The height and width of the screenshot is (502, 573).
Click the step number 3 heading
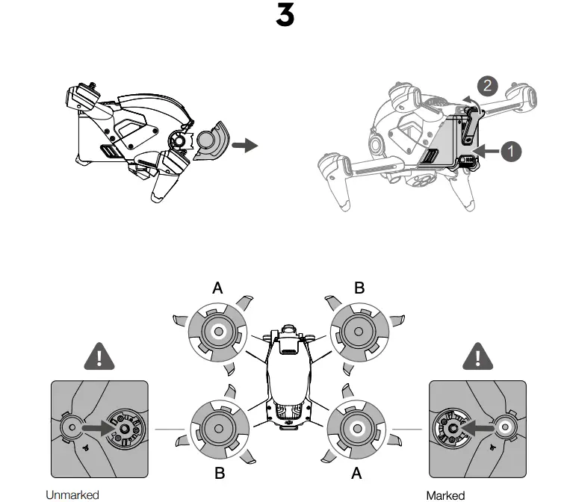pos(285,16)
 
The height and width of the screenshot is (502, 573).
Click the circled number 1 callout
pos(511,151)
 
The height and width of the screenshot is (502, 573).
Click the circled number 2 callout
pos(487,85)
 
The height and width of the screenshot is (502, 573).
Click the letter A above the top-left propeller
pos(217,288)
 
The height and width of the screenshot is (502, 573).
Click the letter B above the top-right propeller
pos(359,288)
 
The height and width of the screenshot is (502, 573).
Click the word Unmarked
pos(72,495)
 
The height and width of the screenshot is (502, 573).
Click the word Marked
pos(445,495)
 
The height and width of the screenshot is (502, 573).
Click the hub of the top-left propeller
pos(217,331)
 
